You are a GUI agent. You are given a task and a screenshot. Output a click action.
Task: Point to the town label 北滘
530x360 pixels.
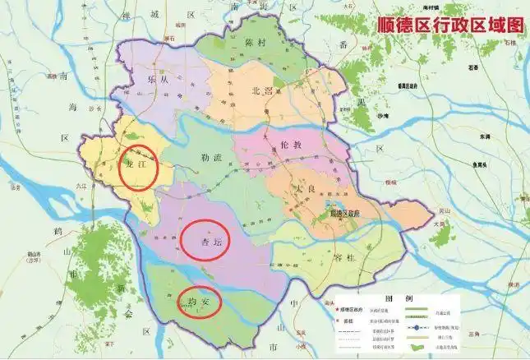click(x=260, y=92)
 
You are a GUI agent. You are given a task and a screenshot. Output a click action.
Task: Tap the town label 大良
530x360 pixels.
click(x=306, y=190)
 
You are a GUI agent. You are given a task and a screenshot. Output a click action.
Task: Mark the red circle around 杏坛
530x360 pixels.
click(x=204, y=240)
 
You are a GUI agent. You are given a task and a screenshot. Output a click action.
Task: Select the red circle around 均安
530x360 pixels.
click(x=200, y=301)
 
